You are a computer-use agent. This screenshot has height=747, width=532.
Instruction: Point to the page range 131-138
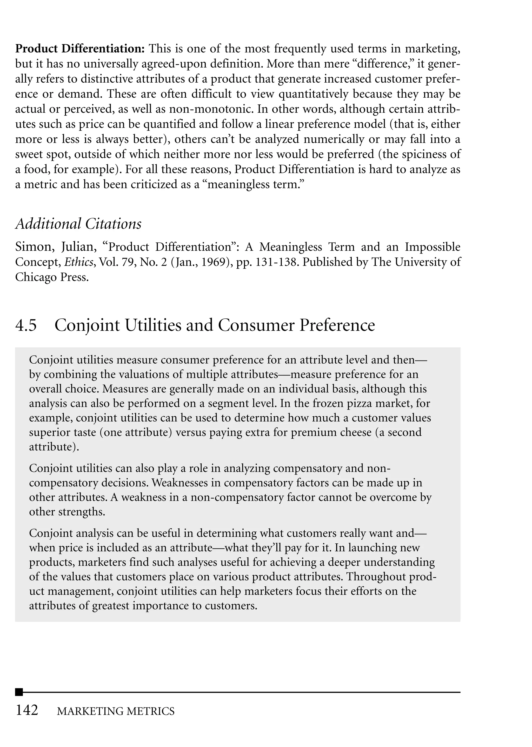276,262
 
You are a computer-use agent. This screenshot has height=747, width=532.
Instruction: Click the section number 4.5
26,325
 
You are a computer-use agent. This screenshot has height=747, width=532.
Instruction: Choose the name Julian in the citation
79,247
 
